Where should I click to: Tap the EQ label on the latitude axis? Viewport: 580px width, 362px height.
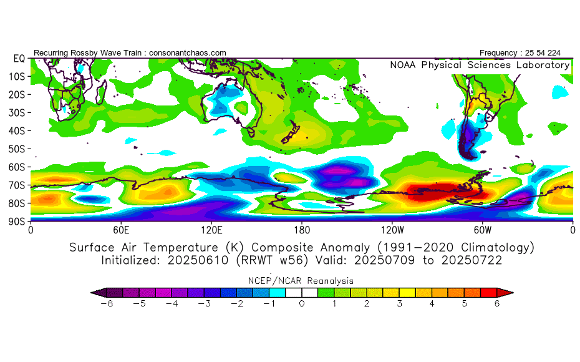click(x=18, y=58)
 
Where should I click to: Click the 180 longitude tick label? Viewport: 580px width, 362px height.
click(x=302, y=230)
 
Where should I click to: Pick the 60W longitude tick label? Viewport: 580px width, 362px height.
click(x=482, y=230)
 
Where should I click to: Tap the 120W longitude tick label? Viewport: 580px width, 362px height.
click(x=392, y=230)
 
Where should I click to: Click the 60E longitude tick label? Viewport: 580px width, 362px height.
click(x=121, y=230)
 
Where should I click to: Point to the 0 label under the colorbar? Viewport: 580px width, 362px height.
click(x=302, y=303)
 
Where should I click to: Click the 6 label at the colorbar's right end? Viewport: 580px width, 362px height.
click(x=497, y=303)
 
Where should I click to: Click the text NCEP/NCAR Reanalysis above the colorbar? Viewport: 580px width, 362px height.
click(x=302, y=280)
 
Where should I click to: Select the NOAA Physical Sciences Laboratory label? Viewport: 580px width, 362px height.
click(x=480, y=65)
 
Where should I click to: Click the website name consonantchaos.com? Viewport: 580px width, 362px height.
click(x=187, y=53)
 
